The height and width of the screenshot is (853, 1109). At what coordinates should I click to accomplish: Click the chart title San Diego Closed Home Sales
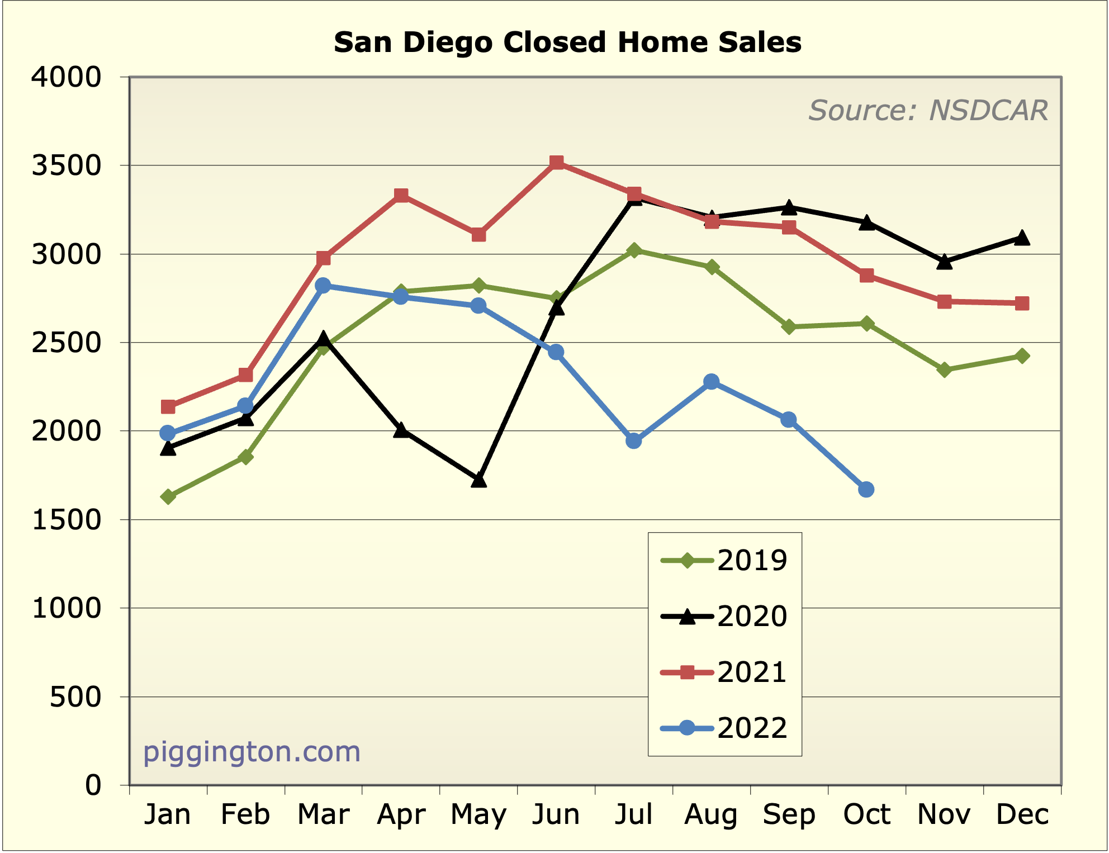567,42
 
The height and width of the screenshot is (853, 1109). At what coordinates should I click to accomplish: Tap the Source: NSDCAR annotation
927,110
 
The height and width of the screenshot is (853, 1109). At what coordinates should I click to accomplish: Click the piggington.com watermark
252,752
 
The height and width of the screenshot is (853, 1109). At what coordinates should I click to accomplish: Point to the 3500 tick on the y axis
67,165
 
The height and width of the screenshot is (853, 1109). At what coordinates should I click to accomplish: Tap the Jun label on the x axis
556,814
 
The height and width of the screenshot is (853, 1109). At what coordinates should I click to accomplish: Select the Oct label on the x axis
866,814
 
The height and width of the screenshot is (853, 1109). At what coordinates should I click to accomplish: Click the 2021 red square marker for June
556,163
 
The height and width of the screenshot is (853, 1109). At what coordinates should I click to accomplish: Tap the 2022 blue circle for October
866,490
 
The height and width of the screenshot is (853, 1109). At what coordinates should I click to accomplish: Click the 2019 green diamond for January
168,496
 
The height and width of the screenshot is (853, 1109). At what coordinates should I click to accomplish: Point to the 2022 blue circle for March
323,285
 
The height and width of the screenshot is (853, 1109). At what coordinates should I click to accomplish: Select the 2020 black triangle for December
1022,238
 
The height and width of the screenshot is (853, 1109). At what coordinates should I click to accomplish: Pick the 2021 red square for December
1022,304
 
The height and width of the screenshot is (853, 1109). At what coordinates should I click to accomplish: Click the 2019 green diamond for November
944,369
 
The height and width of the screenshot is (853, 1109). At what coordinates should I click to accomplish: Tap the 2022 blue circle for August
711,382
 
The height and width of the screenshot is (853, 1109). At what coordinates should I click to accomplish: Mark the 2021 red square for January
168,406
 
